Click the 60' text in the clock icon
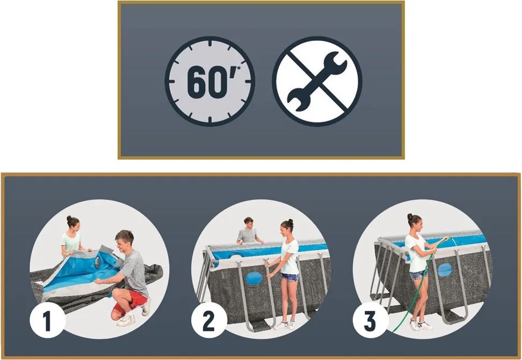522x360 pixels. click(x=210, y=82)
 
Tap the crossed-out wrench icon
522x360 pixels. click(x=317, y=81)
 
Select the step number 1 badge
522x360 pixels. click(x=47, y=320)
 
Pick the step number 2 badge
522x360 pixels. click(x=209, y=320)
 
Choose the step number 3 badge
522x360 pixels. click(x=370, y=320)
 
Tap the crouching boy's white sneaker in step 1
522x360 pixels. click(x=126, y=320)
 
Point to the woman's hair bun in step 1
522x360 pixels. click(x=69, y=219)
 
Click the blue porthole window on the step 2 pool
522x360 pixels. click(x=253, y=278)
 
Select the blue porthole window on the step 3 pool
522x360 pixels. click(x=445, y=270)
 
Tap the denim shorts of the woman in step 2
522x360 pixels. click(x=290, y=277)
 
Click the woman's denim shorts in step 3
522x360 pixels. click(x=418, y=275)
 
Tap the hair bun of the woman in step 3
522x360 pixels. click(x=409, y=217)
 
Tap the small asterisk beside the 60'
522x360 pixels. click(x=238, y=69)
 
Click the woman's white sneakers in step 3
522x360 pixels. click(x=421, y=325)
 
